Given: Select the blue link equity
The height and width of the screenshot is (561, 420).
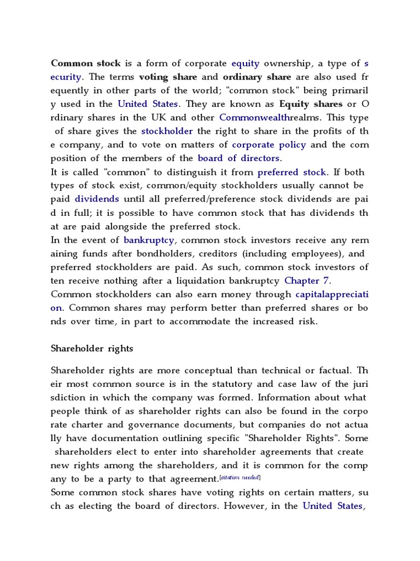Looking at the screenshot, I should coord(245,63).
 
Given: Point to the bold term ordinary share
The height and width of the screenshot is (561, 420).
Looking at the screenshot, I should coord(257,77).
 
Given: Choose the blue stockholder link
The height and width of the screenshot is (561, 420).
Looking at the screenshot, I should coord(167,131).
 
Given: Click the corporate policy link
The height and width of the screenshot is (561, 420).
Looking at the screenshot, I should coord(269,145).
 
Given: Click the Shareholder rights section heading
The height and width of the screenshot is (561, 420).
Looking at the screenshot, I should coord(92,348).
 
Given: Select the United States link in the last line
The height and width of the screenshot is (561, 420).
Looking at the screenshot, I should coord(332,506).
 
